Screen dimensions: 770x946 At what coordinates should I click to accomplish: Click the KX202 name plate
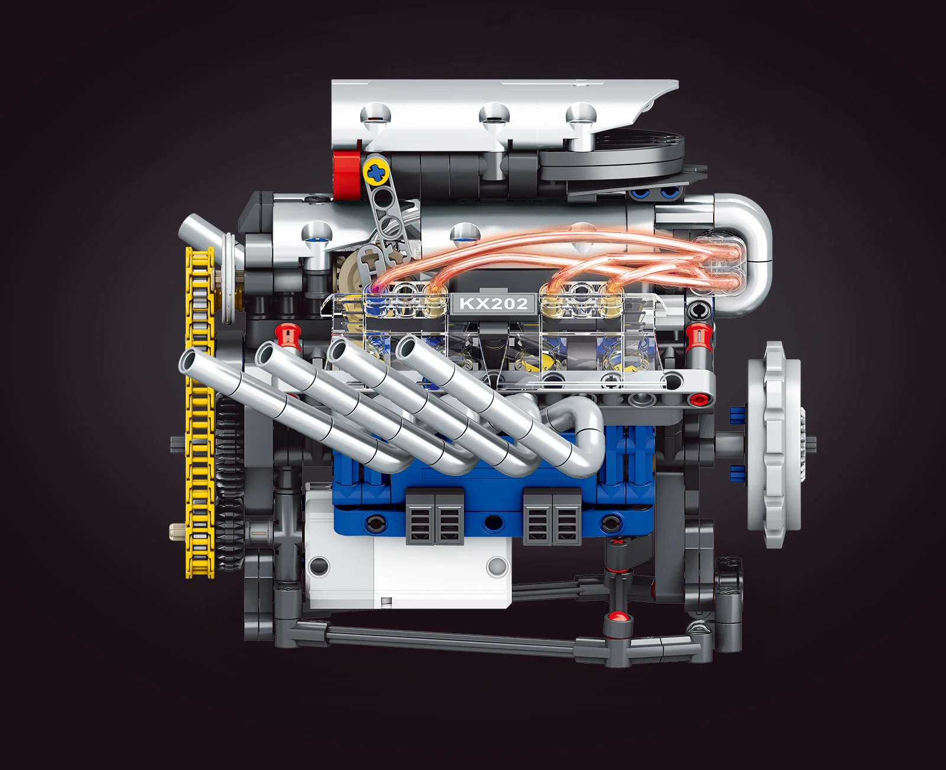[x=493, y=304]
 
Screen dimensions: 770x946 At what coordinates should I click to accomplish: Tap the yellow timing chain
[x=199, y=414]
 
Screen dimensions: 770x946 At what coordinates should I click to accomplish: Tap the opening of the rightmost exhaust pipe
[x=408, y=348]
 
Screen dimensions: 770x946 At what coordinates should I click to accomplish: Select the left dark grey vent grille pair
[x=434, y=516]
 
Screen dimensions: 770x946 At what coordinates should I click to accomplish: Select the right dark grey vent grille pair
[x=552, y=516]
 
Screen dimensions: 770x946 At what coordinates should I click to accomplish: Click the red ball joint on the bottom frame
[x=617, y=618]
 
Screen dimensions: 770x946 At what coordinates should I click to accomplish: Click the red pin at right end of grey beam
[x=701, y=399]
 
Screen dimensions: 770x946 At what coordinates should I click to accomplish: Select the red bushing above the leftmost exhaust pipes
[x=288, y=336]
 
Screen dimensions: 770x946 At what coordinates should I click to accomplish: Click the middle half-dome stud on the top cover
[x=494, y=114]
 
